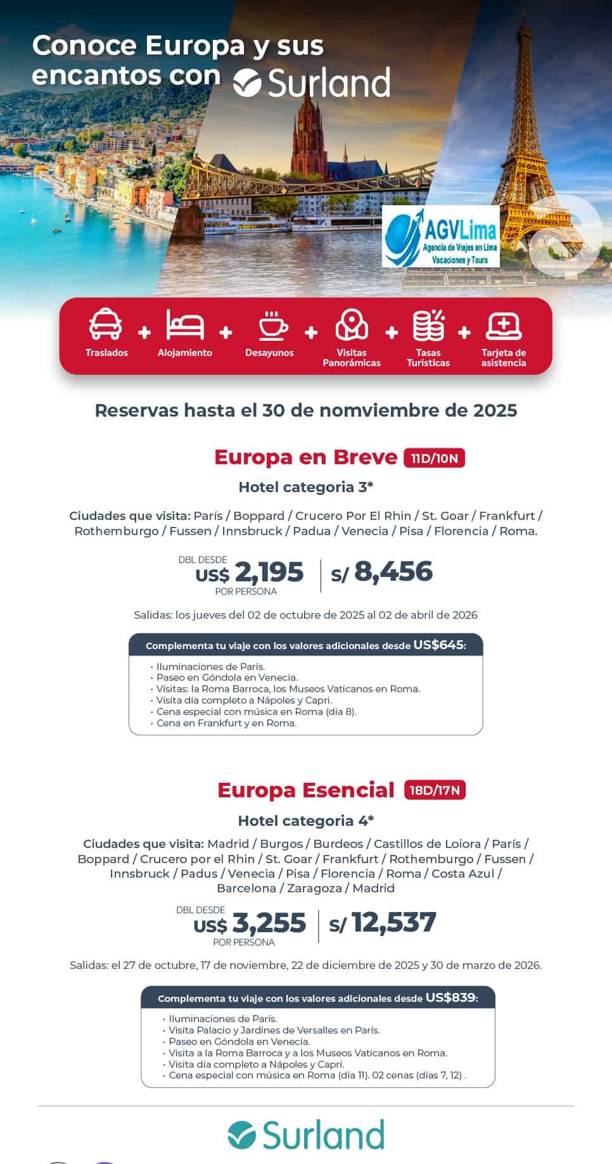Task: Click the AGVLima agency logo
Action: point(441,236)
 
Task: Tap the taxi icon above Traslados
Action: point(106,324)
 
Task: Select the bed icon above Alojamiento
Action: point(185,324)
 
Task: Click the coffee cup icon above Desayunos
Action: point(272,326)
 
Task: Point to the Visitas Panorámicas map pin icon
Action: point(352,324)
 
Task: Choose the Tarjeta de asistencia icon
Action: point(504,326)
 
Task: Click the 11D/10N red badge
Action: point(434,458)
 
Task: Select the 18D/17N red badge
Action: point(435,790)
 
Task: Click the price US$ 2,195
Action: point(250,573)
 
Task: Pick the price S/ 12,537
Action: point(383,923)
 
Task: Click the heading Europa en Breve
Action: point(305,457)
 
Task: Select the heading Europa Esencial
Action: point(306,790)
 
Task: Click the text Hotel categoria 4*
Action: point(306,821)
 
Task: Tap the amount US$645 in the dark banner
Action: point(438,645)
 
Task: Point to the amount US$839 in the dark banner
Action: point(450,997)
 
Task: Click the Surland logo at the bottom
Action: point(306,1135)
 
